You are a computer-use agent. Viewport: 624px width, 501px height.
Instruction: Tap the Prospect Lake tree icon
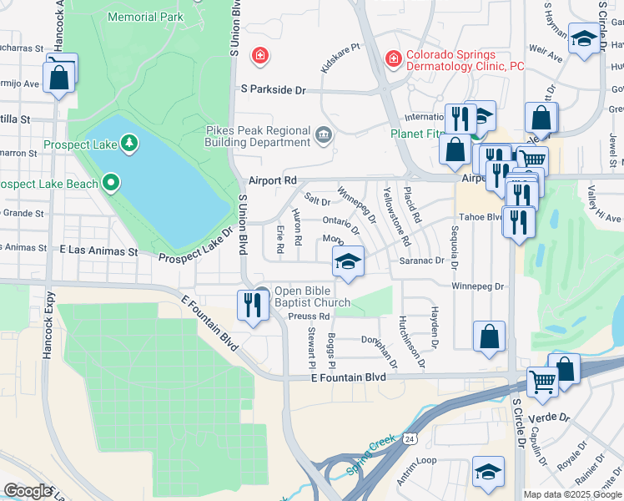click(x=128, y=144)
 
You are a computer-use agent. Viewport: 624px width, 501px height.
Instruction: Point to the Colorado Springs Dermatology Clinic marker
click(x=392, y=58)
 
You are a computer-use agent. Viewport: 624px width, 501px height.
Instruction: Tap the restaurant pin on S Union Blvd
click(x=251, y=304)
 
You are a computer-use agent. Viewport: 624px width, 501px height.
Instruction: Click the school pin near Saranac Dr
click(x=348, y=261)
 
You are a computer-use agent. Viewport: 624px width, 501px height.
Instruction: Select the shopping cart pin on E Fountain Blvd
click(x=542, y=381)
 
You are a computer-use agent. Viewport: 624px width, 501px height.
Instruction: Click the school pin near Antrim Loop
click(x=488, y=472)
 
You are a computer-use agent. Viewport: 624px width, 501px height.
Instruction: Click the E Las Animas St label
click(x=98, y=250)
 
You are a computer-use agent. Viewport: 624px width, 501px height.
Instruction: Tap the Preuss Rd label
click(x=311, y=316)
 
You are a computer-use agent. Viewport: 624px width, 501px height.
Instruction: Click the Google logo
click(x=28, y=491)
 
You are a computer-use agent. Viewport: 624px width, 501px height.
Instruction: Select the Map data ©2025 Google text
click(x=572, y=494)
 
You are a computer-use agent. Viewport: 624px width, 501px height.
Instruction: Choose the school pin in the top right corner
click(x=585, y=39)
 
